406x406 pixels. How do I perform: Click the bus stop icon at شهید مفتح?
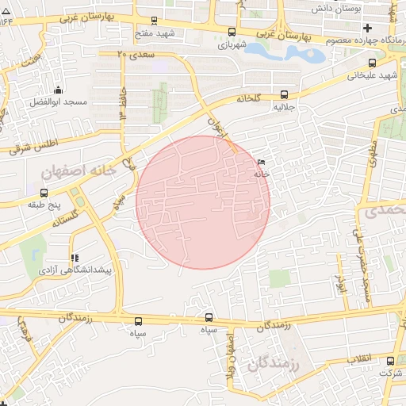[x=154, y=21]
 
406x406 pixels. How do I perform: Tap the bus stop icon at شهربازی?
[x=232, y=33]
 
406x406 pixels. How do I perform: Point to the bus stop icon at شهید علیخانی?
[x=373, y=63]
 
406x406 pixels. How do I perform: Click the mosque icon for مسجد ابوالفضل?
[x=57, y=90]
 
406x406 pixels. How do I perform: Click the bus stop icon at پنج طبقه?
[x=44, y=193]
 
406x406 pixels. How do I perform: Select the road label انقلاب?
[x=361, y=359]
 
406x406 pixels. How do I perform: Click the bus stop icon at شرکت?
[x=389, y=361]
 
